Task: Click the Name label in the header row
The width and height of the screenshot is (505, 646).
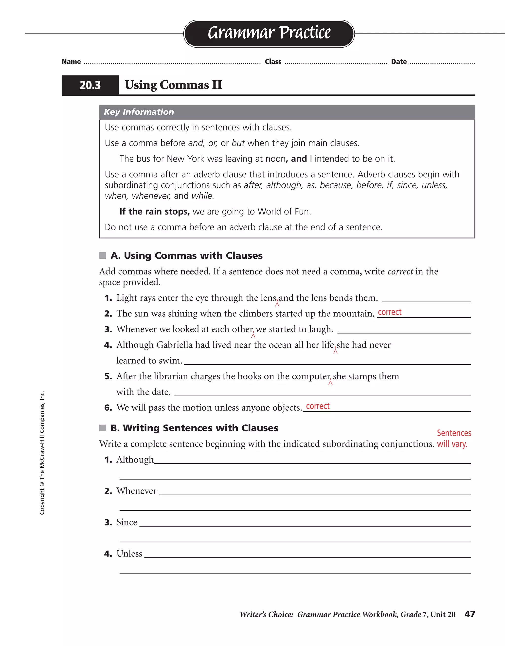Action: pos(71,62)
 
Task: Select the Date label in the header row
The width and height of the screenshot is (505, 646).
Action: pos(398,62)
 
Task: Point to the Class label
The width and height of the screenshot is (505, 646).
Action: pos(273,62)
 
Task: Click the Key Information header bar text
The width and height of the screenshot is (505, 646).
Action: pos(139,112)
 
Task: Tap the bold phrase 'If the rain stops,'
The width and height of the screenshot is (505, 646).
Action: pos(154,212)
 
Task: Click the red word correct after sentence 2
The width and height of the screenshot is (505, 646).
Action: pos(389,312)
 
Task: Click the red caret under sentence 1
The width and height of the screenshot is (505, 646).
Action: pos(277,304)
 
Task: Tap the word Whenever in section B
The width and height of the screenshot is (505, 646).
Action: pos(136,491)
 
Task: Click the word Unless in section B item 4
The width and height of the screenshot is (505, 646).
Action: pos(129,554)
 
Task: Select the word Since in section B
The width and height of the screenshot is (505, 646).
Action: pos(126,522)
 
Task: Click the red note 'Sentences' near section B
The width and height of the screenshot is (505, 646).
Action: pos(454,433)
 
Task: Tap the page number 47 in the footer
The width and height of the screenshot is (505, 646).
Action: pos(469,614)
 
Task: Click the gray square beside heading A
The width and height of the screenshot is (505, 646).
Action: pos(103,255)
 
